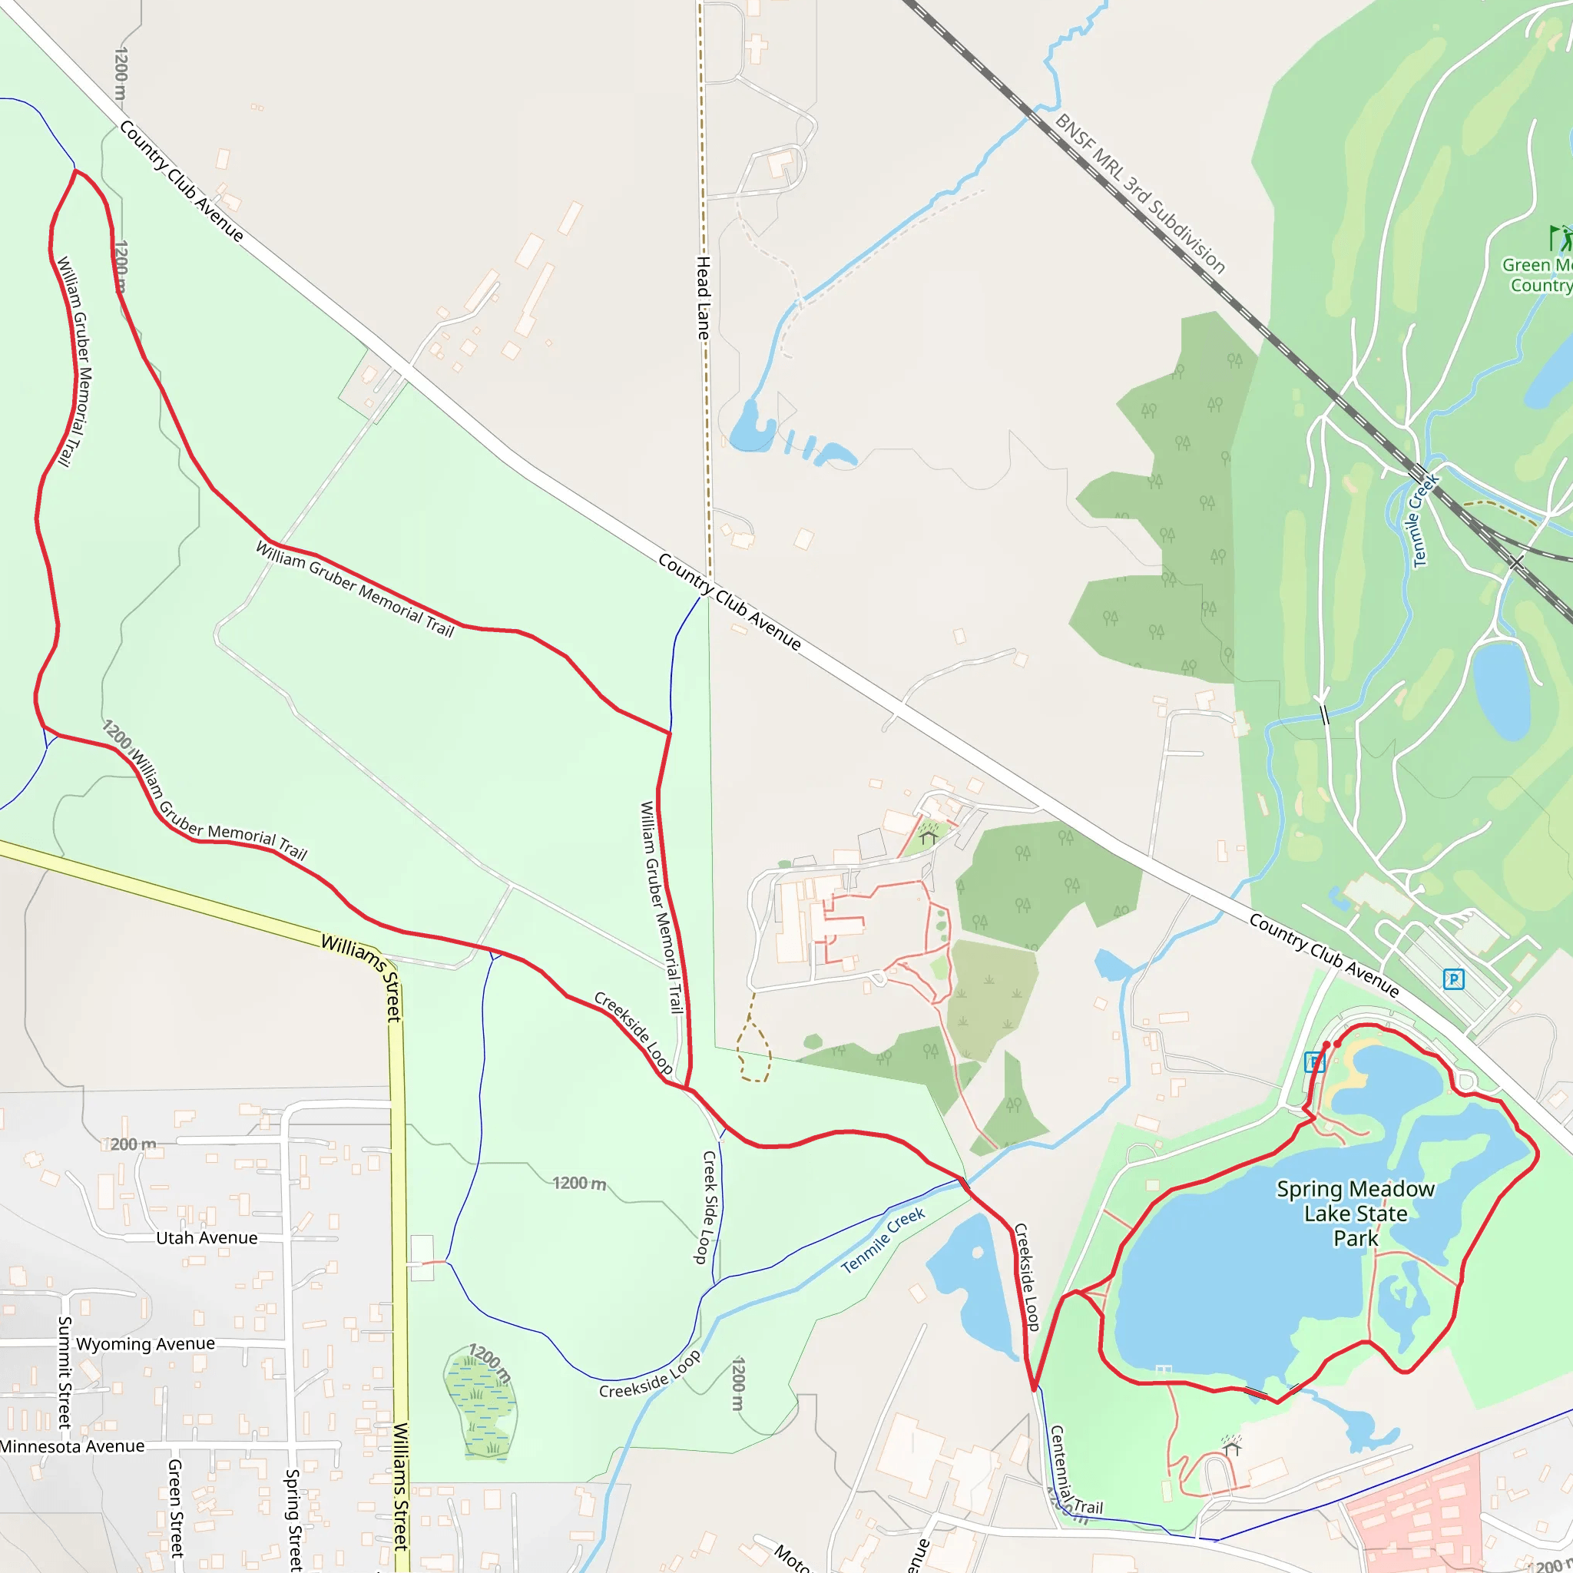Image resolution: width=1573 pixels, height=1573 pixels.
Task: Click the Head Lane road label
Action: [703, 298]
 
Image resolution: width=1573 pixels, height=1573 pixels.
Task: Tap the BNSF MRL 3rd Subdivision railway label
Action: [1140, 193]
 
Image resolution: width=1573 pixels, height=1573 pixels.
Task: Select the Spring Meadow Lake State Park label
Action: [1355, 1213]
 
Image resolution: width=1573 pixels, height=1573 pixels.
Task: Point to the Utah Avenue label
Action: [207, 1237]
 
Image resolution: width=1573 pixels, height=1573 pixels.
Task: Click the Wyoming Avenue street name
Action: [146, 1343]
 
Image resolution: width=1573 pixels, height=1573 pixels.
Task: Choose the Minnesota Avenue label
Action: [72, 1446]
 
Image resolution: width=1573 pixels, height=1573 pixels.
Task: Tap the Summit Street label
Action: [65, 1372]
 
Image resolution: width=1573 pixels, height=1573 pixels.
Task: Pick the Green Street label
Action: [175, 1508]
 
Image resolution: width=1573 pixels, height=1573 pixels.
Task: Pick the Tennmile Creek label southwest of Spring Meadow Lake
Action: [883, 1240]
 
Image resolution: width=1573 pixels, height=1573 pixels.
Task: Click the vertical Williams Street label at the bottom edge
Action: [401, 1486]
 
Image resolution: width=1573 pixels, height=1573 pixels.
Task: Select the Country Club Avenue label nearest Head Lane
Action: [730, 601]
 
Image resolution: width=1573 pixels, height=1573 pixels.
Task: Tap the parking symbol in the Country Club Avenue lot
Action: [1453, 979]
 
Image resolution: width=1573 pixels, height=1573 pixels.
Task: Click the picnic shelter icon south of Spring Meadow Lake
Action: [1232, 1446]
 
